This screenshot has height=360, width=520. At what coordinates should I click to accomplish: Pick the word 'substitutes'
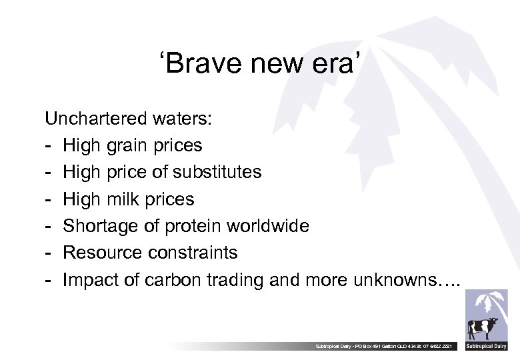point(217,172)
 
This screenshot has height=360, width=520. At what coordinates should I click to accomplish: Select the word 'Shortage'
point(93,226)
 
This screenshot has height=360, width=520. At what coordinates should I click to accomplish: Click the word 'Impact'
point(87,280)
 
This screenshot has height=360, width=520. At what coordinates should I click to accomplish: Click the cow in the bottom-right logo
point(483,328)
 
